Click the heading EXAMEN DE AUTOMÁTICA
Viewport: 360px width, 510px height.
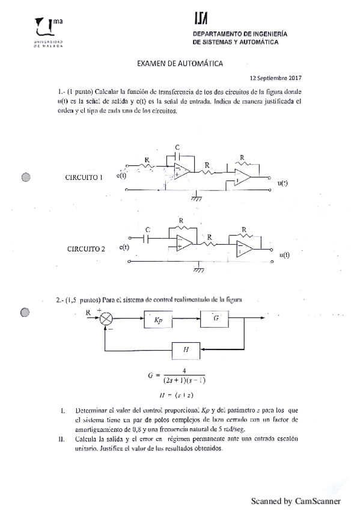[x=180, y=63]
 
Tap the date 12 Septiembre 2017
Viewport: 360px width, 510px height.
[x=275, y=78]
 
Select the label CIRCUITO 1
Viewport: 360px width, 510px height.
[x=84, y=177]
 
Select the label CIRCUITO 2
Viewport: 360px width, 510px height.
[x=86, y=248]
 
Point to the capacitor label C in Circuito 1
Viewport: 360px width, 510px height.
[x=177, y=147]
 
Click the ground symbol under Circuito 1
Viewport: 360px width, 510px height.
[x=195, y=196]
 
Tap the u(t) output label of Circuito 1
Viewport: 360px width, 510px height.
[x=282, y=183]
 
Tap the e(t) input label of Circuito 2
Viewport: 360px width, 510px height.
[x=125, y=247]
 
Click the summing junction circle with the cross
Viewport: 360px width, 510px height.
[x=106, y=319]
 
